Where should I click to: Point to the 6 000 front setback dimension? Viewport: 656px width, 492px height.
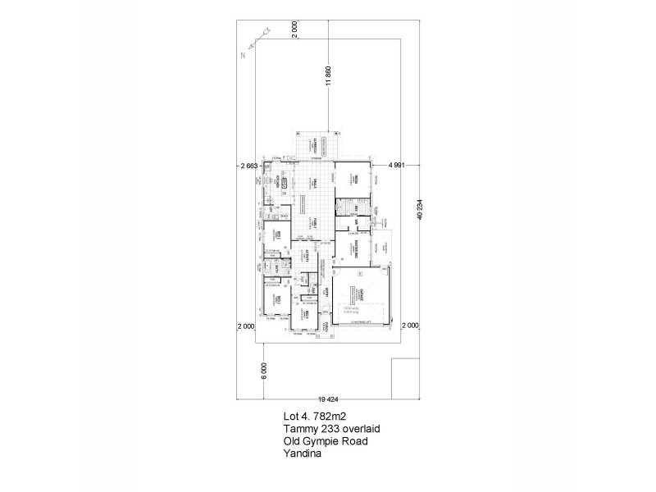click(264, 371)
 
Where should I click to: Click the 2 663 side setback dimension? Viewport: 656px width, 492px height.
click(248, 166)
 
